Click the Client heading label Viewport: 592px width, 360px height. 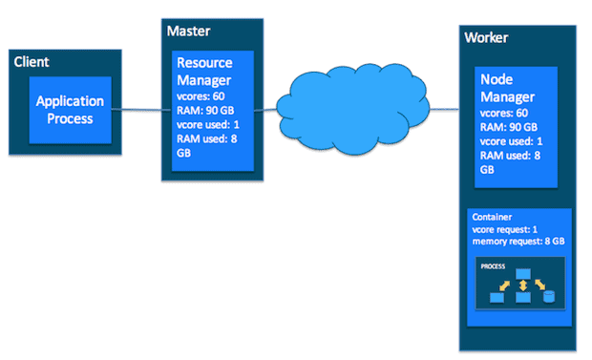tap(32, 62)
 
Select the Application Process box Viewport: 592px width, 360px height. tap(70, 110)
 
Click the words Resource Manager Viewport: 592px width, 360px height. tap(204, 70)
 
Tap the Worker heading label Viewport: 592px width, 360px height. tap(486, 37)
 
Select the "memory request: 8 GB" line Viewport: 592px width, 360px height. tap(517, 242)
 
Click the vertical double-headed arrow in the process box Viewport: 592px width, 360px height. tap(523, 284)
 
